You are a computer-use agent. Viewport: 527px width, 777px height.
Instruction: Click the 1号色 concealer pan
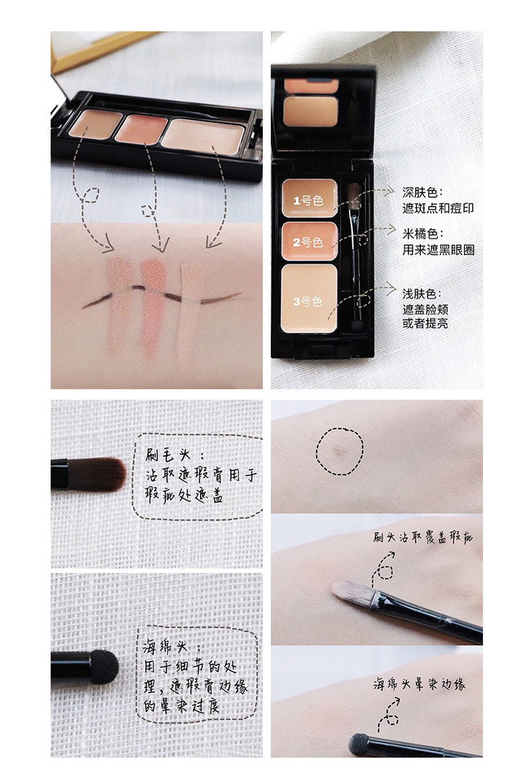(x=310, y=198)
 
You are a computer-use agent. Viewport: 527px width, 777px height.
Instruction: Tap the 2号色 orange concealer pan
(x=310, y=241)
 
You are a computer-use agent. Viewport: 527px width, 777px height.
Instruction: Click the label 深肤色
(x=423, y=192)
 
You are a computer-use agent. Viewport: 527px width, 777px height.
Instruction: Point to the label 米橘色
(x=423, y=234)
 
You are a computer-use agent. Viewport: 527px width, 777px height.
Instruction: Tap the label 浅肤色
(x=422, y=294)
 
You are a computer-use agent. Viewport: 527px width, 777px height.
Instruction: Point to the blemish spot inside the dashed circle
(x=339, y=452)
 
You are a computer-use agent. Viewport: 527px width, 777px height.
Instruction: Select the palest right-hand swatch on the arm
(x=191, y=313)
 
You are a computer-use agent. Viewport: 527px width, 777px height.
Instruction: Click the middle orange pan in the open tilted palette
(x=141, y=128)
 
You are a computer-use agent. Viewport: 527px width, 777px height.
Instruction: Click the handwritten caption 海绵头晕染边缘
(x=419, y=685)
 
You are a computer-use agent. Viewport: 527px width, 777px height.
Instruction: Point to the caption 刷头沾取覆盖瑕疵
(x=423, y=537)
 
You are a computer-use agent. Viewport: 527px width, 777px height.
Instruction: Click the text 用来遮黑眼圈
(x=438, y=250)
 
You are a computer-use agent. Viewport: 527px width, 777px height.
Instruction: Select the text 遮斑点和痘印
(x=438, y=208)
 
